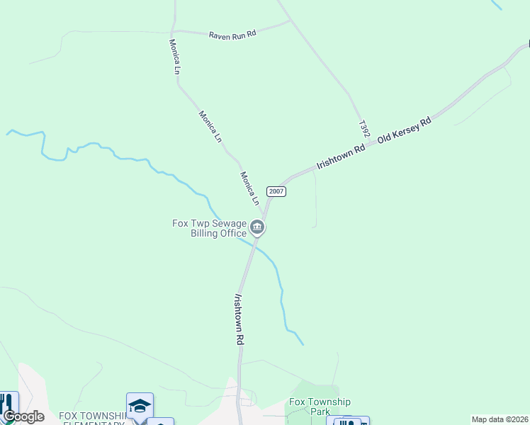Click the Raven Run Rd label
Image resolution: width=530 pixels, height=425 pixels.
[232, 35]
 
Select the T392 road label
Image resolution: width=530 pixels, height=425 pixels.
[364, 127]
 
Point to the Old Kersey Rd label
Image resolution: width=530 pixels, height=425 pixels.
[404, 131]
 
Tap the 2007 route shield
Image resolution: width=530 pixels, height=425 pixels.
[276, 192]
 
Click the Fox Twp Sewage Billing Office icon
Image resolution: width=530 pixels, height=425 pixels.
[257, 228]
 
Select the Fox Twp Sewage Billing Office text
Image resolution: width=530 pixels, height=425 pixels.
[209, 228]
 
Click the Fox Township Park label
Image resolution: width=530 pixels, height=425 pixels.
[320, 407]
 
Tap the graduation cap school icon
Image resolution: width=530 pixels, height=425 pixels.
[140, 406]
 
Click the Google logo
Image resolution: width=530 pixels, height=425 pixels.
[23, 416]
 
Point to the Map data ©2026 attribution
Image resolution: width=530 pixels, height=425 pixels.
[500, 419]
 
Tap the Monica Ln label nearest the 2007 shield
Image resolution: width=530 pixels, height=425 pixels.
[248, 188]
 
